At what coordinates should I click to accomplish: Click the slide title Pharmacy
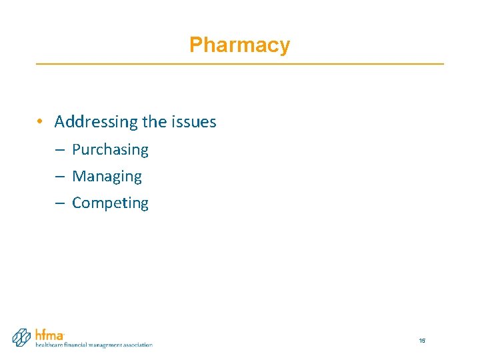239,45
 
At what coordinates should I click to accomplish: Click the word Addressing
96,122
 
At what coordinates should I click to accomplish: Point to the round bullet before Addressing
41,122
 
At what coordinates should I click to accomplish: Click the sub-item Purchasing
110,150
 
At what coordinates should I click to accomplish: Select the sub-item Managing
107,177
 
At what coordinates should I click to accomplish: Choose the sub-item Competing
110,203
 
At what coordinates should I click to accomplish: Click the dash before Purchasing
59,150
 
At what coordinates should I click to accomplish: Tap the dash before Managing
59,177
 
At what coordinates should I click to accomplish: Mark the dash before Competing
59,203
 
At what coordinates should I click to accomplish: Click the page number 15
422,341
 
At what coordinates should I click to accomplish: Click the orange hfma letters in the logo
49,335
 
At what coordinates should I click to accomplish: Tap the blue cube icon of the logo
23,337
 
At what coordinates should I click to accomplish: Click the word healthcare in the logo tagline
49,345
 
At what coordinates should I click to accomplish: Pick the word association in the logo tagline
139,345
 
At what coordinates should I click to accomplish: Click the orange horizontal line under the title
239,63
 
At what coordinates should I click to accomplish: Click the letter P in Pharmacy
195,45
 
